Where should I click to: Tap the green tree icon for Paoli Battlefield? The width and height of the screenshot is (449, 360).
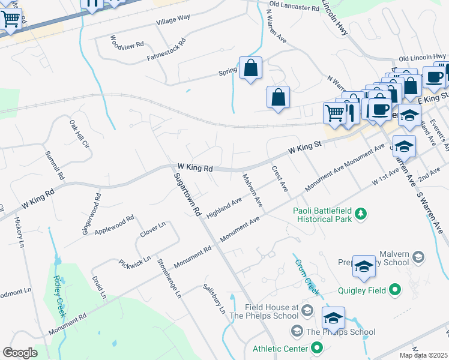click(x=360, y=214)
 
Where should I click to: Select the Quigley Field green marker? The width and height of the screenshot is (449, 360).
click(x=394, y=290)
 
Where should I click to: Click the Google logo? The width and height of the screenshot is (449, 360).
click(x=20, y=353)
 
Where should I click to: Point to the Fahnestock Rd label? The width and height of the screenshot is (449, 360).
click(x=167, y=51)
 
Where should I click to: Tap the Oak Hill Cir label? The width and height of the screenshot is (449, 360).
click(x=79, y=134)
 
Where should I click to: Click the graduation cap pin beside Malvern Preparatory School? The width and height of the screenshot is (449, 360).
click(x=364, y=268)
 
